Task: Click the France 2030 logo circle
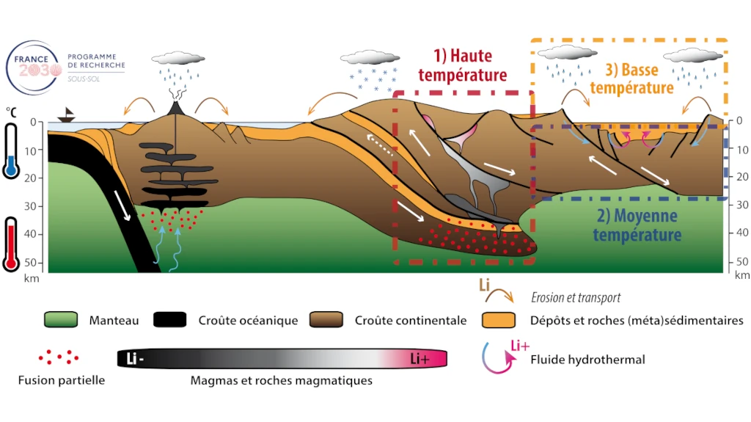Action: coord(33,65)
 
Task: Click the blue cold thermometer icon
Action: coord(10,150)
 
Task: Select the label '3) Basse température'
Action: coord(631,79)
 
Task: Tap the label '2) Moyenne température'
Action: coord(637,225)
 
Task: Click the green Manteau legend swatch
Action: coord(61,320)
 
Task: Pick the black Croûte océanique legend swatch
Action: coord(171,320)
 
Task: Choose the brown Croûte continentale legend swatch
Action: coord(327,320)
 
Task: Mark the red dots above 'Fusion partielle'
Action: coord(59,357)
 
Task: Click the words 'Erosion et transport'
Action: coord(576,297)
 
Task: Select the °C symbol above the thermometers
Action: coord(11,111)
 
